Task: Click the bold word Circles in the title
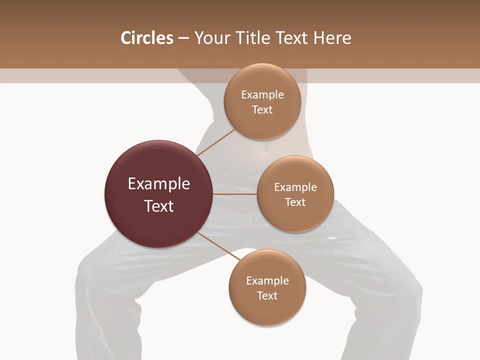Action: (x=146, y=38)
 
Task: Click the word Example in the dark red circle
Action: (x=159, y=184)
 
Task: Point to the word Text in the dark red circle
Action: (x=159, y=206)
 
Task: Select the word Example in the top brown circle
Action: (x=262, y=95)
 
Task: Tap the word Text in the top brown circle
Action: (x=262, y=110)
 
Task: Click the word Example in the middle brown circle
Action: (x=295, y=187)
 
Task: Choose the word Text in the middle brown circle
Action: (x=295, y=202)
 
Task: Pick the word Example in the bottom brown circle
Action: (x=267, y=281)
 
